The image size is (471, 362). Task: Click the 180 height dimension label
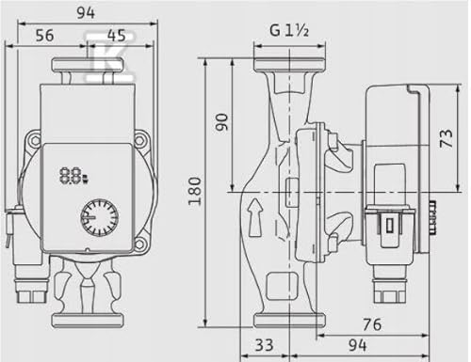[x=195, y=191]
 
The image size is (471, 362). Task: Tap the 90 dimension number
[x=221, y=122]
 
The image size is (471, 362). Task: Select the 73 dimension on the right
[x=447, y=138]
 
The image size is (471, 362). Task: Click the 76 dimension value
[x=372, y=324]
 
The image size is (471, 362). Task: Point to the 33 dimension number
[x=264, y=345]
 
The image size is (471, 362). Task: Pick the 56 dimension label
[x=45, y=36]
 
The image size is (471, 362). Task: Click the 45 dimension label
[x=116, y=36]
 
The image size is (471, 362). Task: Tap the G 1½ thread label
[x=289, y=31]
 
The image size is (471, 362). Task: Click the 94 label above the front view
[x=86, y=13]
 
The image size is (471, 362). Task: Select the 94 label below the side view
[x=357, y=345]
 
